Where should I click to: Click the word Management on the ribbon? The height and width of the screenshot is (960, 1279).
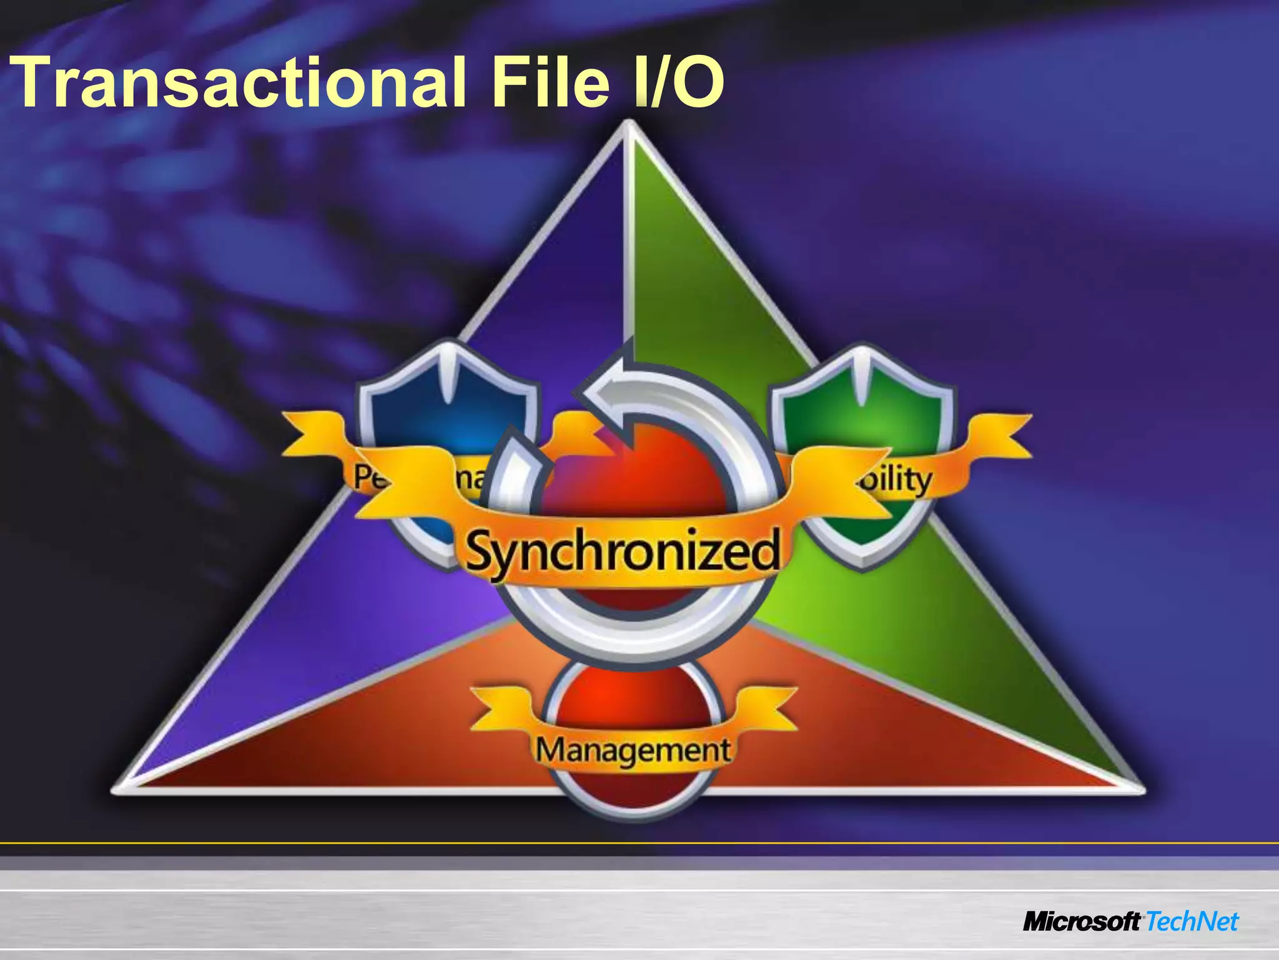point(633,751)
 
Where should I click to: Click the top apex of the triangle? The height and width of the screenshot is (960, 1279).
point(628,124)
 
